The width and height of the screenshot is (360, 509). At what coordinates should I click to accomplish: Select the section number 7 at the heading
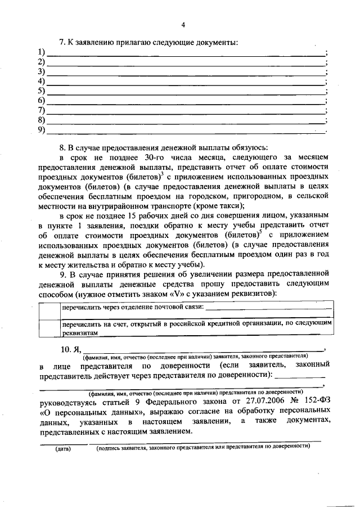(x=63, y=42)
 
